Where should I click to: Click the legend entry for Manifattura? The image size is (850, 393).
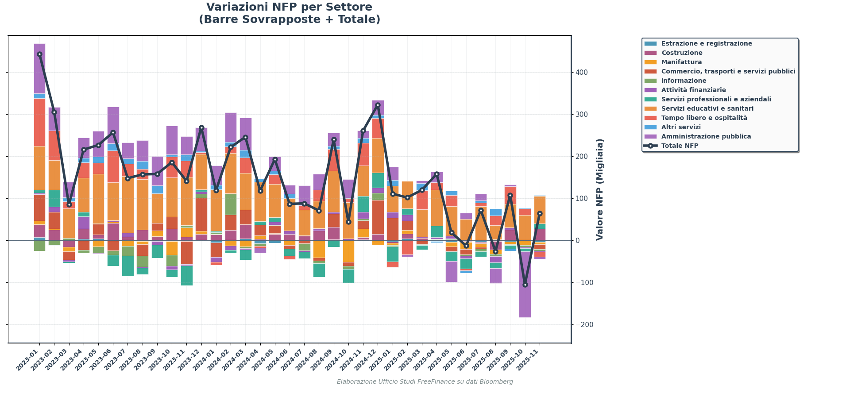pos(681,62)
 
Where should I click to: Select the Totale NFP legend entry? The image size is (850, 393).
pos(680,146)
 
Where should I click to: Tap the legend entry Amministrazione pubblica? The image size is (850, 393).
pos(706,137)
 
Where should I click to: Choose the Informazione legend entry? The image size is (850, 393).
pos(684,81)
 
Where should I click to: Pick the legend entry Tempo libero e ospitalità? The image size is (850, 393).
pos(704,118)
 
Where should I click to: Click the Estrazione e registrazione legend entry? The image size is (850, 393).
pos(707,44)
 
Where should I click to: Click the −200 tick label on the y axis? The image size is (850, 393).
pos(584,325)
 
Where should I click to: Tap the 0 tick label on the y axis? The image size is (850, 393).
pos(577,241)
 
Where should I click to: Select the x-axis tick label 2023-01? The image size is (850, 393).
pos(29,359)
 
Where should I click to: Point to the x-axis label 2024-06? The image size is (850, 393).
pos(279,359)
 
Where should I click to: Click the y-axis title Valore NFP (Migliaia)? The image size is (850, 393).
pos(600,189)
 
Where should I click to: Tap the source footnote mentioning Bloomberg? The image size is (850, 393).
pos(425,382)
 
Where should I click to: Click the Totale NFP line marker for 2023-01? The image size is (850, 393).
pos(39,54)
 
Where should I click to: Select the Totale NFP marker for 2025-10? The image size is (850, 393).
pos(525,285)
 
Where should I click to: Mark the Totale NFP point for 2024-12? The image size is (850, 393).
pos(378,105)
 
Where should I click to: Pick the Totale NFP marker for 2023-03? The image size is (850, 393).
pos(69,204)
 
